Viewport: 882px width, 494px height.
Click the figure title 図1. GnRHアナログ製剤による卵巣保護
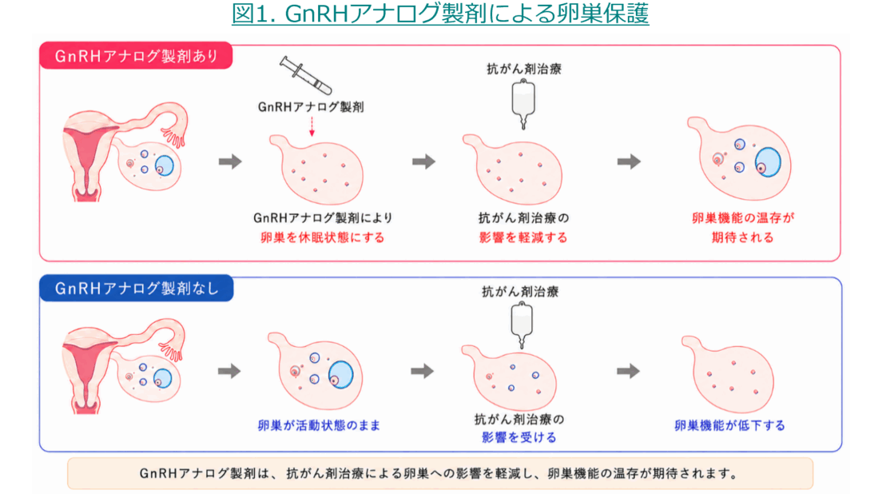click(440, 14)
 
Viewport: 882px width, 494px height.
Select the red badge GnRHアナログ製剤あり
click(136, 56)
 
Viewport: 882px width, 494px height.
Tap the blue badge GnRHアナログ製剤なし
click(136, 288)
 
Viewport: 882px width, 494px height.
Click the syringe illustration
click(306, 75)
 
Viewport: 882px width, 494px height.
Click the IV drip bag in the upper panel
click(523, 104)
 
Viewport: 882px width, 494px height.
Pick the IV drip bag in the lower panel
click(522, 325)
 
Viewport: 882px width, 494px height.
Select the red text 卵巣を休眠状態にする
click(322, 237)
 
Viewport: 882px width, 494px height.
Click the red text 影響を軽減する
click(523, 237)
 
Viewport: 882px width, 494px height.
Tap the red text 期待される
click(742, 237)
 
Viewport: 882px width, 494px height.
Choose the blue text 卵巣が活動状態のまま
click(319, 425)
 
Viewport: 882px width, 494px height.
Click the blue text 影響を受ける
click(519, 437)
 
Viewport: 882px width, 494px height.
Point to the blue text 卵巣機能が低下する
click(729, 425)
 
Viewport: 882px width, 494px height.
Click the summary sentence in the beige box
click(439, 473)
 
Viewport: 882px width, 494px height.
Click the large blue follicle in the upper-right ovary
click(768, 162)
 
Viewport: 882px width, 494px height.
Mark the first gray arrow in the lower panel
click(229, 371)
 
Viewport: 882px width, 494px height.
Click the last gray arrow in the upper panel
click(629, 161)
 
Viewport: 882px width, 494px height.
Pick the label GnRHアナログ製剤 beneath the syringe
click(311, 107)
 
